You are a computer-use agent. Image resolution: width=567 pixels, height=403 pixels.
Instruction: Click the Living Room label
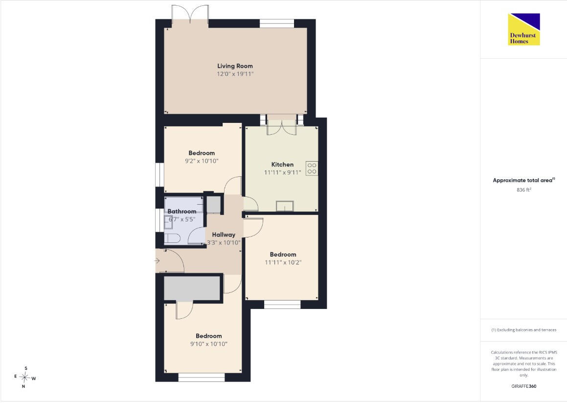pos(235,66)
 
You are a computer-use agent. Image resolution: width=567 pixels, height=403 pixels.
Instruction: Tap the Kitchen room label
pos(282,165)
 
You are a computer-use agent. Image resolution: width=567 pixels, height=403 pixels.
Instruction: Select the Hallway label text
pos(224,235)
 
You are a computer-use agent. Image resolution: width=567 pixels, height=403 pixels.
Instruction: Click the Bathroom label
pos(182,212)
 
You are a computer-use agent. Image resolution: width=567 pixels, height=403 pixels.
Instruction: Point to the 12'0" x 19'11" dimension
pos(235,74)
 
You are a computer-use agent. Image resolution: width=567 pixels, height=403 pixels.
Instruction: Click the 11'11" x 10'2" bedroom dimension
pos(283,262)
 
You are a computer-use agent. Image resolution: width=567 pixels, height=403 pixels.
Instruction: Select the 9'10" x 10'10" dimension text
pos(208,344)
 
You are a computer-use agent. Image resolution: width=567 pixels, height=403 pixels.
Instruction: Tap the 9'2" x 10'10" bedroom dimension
pos(202,161)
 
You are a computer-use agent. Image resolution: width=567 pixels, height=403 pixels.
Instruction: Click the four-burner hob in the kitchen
pos(312,168)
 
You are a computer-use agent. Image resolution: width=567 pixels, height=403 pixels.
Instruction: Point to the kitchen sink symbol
pos(285,206)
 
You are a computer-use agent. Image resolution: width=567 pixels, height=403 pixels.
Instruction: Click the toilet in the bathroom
pos(172,238)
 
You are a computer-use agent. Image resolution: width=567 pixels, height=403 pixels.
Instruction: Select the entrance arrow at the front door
pos(157,261)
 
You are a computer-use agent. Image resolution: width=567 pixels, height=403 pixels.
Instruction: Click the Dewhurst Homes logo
pos(524,29)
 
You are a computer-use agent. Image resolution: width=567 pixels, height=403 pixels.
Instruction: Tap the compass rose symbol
pos(24,378)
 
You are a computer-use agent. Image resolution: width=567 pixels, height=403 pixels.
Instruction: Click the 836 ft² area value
pos(524,190)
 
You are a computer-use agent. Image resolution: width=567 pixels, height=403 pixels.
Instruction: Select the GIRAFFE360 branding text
pos(524,386)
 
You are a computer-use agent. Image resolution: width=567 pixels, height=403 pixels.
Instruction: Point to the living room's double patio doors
pos(190,15)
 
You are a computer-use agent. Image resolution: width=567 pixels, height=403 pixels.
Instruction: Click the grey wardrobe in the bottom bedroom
pos(192,288)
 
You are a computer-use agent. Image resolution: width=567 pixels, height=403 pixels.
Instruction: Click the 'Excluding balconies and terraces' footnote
pos(524,330)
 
